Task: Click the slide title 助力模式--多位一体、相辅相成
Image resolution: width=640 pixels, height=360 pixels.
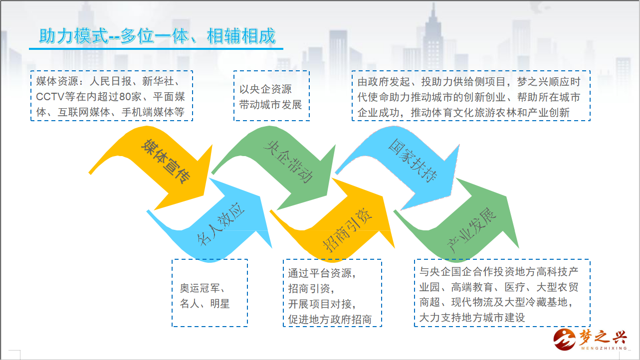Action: [157, 36]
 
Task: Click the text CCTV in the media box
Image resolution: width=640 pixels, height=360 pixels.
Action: [50, 97]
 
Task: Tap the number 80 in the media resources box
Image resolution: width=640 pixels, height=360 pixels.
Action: [125, 97]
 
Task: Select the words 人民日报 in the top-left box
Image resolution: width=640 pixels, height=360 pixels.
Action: [110, 82]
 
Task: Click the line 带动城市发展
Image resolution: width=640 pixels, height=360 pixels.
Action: [270, 105]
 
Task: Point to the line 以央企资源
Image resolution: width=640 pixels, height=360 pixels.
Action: [265, 89]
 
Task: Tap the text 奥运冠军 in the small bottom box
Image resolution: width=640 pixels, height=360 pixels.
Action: [200, 288]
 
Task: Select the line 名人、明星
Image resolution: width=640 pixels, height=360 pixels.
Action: [205, 304]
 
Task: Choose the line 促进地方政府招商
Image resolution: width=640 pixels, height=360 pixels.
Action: [330, 320]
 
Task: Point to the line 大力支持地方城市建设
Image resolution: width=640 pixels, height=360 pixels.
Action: [472, 318]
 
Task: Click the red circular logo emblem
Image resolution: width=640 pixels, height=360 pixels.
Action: [564, 340]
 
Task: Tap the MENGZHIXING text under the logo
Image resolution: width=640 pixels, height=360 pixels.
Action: [604, 349]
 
